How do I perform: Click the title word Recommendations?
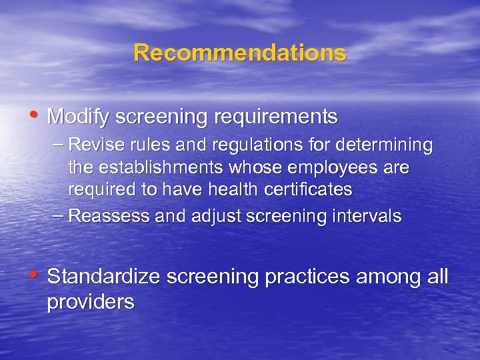240,53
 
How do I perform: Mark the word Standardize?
103,277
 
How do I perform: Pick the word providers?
91,302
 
